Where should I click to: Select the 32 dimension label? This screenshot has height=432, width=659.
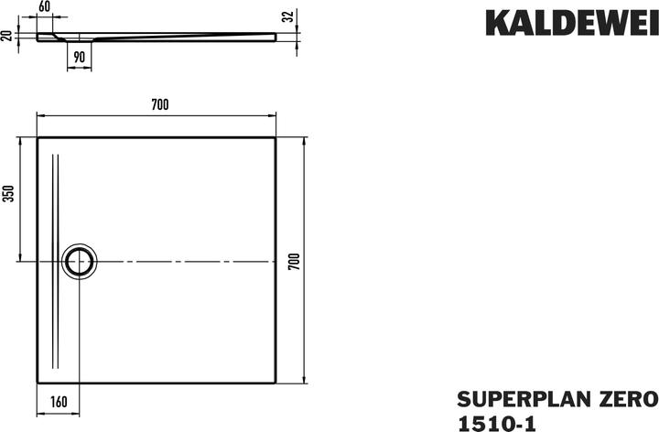pos(287,16)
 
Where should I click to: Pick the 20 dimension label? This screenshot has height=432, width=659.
pos(8,36)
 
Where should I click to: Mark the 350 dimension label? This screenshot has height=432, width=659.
pos(10,196)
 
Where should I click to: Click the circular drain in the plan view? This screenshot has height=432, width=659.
pos(80,261)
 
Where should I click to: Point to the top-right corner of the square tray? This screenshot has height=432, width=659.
pos(276,138)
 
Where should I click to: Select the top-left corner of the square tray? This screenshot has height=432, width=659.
pos(38,138)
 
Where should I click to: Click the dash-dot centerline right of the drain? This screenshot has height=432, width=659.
pos(183,261)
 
